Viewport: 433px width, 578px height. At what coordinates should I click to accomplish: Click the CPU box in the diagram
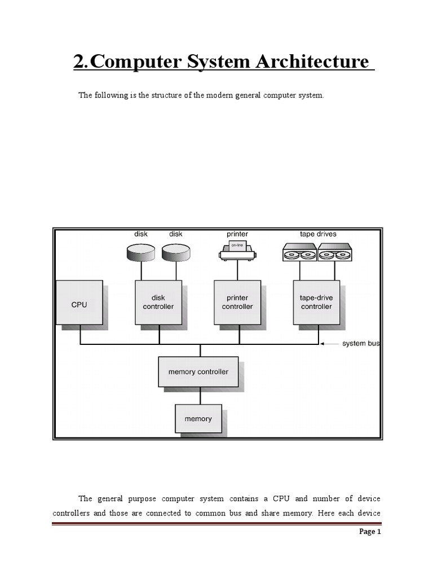point(79,304)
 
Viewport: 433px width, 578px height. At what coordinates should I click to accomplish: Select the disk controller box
point(158,303)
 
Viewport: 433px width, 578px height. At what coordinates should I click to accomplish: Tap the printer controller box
point(237,303)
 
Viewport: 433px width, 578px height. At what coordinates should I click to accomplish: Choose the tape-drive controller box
point(316,303)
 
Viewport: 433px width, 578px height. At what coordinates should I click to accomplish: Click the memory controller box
point(198,371)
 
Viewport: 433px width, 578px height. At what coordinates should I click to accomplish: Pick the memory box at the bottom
point(198,419)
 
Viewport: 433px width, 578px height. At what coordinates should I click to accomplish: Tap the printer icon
point(237,251)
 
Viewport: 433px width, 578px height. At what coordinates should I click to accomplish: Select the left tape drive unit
point(299,252)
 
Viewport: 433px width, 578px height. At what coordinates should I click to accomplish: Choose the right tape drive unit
point(335,252)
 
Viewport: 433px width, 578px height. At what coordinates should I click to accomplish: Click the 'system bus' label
point(361,344)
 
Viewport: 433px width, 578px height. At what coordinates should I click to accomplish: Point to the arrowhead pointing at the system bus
point(322,343)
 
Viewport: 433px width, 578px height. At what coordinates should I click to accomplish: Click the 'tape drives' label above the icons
point(318,234)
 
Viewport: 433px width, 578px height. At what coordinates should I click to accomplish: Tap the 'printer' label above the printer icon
point(237,234)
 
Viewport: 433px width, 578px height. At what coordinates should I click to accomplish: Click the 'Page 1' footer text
point(370,532)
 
